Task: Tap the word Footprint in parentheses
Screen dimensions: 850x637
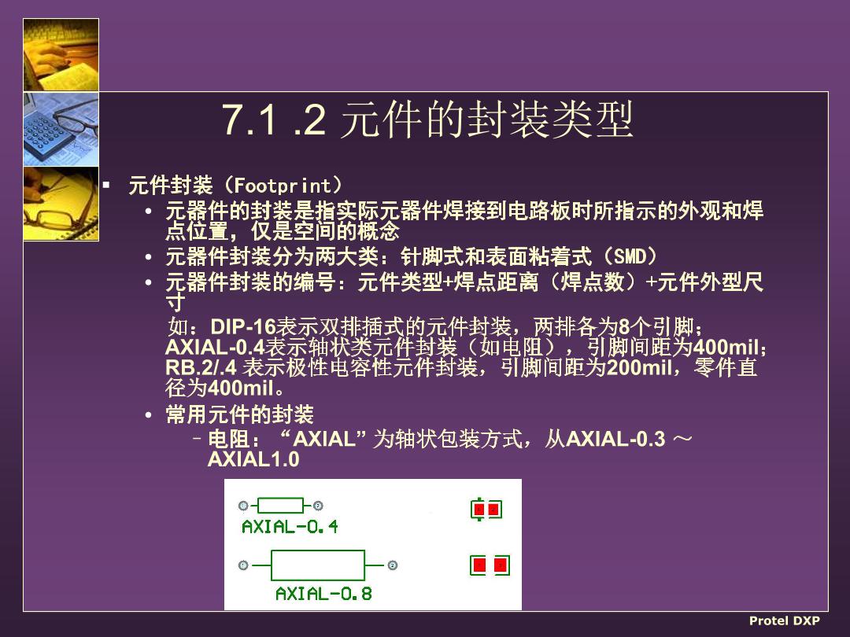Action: coord(283,186)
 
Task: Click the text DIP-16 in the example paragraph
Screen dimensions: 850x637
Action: coord(243,326)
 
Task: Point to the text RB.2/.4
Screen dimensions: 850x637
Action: coord(201,368)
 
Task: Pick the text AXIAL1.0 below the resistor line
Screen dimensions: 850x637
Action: coord(253,459)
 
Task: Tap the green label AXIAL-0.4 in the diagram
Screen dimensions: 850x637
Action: coord(290,526)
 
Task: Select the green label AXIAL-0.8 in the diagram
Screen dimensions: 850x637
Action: coord(323,594)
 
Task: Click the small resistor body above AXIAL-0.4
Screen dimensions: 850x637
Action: coord(280,506)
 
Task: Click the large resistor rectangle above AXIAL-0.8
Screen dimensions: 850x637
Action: coord(318,565)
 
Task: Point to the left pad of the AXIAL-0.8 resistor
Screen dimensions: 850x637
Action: coord(243,565)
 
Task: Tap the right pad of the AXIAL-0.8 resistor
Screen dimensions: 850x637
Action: coord(393,565)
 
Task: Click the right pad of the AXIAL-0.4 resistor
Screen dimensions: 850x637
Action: coord(318,506)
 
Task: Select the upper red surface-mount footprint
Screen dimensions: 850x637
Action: coord(486,509)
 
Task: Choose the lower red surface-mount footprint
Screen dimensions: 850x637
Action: coord(490,565)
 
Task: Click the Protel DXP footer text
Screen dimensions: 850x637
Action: coord(784,620)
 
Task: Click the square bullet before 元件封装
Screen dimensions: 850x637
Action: coord(107,186)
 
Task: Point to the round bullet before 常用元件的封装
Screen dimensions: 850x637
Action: coord(149,415)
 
